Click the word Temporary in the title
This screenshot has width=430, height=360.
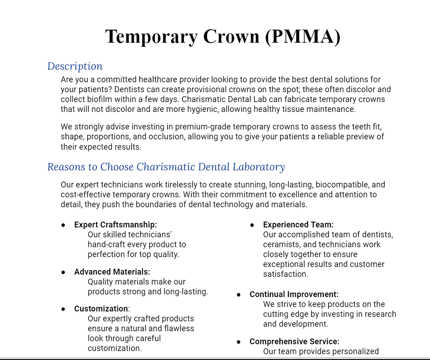click(151, 37)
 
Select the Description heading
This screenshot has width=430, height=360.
click(75, 66)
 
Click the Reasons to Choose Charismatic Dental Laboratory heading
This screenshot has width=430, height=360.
click(166, 167)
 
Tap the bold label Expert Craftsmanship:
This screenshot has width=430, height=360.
click(115, 225)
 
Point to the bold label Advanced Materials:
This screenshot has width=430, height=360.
click(112, 272)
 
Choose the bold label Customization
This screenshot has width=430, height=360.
click(101, 309)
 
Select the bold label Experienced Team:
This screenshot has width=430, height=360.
click(298, 225)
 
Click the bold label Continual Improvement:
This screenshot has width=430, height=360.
click(294, 295)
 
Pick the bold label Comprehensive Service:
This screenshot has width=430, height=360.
click(294, 342)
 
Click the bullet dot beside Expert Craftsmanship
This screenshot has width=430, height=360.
click(63, 225)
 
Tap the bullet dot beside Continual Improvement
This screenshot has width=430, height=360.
click(239, 295)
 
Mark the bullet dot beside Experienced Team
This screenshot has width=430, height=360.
click(252, 225)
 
